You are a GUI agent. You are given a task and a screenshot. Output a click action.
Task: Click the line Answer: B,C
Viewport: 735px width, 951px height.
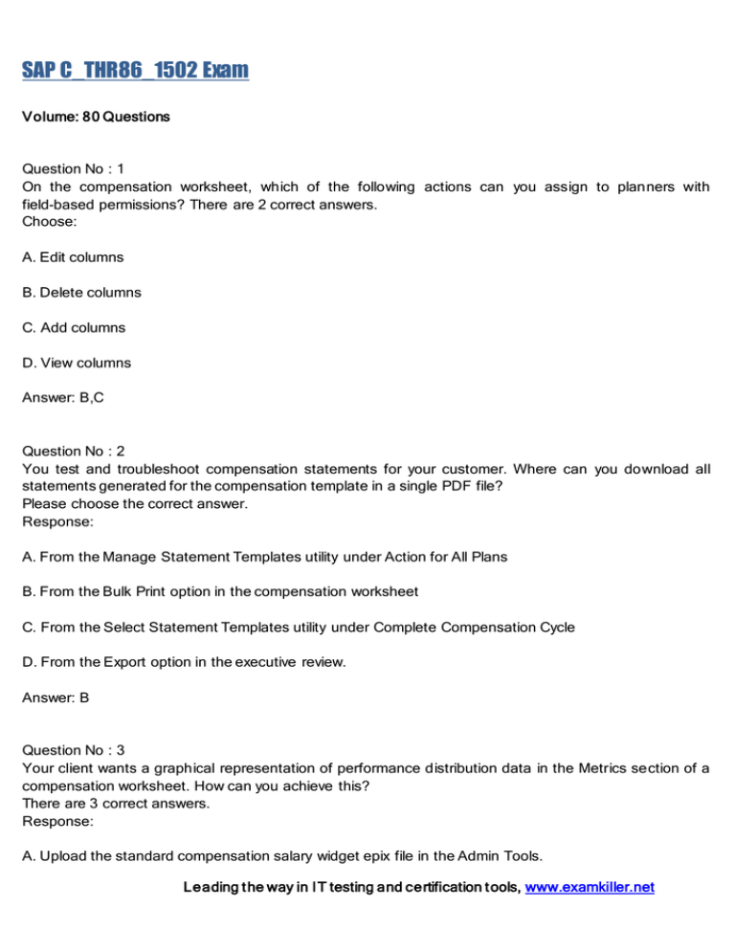63,398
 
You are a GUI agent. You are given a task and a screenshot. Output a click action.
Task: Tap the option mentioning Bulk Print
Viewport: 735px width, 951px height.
219,591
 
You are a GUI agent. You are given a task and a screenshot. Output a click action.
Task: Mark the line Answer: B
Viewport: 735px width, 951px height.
56,697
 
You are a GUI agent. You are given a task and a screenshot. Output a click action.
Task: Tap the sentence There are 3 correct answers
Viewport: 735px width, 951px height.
100,803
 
